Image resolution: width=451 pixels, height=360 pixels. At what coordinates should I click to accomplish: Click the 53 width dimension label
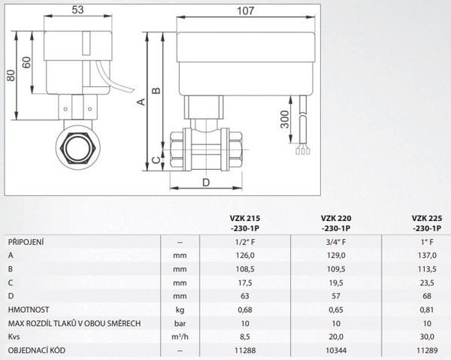pos(77,10)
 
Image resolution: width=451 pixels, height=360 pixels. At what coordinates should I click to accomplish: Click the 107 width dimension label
pos(245,11)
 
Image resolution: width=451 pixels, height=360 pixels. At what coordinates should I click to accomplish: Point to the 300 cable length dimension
pos(284,119)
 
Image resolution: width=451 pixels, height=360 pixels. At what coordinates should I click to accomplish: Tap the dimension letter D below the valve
pos(206,183)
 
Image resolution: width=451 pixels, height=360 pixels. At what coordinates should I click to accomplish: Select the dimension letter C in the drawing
pos(156,160)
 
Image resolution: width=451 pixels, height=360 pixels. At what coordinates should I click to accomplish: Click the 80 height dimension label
pos(11,76)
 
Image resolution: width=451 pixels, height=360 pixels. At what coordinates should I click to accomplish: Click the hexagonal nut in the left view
pos(77,148)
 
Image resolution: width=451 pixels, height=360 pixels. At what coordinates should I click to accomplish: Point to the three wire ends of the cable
pos(303,150)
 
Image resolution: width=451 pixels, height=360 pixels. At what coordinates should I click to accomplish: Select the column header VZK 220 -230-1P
pos(336,223)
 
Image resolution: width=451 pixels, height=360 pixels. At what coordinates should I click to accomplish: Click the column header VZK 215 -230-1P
pos(245,223)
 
